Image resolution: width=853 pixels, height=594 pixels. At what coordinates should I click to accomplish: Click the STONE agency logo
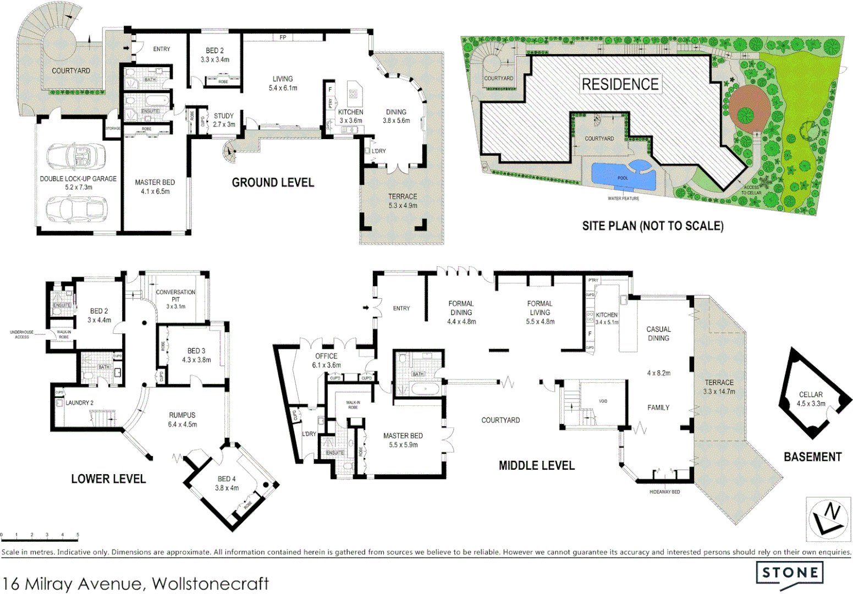789,573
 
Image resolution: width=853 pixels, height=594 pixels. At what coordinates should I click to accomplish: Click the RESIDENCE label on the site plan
620,84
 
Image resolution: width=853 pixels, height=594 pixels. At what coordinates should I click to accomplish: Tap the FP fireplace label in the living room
283,37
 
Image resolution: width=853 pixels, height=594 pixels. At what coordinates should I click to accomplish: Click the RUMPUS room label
182,415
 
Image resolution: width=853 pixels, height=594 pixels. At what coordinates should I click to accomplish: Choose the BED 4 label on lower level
227,479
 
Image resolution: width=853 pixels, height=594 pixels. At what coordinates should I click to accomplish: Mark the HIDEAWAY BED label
664,492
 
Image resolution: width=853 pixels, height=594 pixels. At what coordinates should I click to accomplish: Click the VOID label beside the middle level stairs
603,401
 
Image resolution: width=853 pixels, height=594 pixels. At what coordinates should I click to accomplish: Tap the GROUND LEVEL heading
273,183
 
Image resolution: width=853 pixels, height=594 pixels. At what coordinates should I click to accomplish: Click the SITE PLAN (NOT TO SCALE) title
653,226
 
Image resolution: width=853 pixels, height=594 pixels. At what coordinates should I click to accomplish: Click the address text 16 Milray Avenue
136,583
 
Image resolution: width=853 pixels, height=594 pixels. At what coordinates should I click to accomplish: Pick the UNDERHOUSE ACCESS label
21,334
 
